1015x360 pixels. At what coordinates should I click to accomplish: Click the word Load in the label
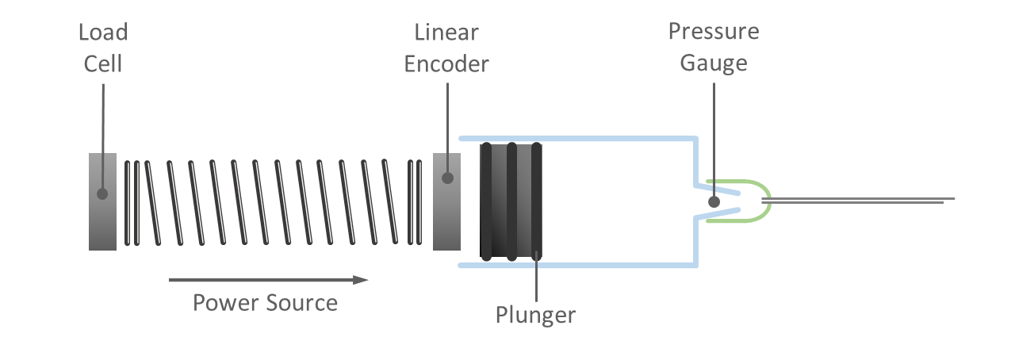103,33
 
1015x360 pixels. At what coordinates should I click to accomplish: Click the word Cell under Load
103,63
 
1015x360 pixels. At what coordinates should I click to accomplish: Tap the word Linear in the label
446,33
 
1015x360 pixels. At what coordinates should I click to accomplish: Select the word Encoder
446,63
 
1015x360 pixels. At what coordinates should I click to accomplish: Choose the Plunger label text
535,315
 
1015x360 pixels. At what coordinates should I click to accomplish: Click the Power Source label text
265,303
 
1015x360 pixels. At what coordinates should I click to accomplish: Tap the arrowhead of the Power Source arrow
361,279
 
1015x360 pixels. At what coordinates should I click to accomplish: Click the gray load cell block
103,222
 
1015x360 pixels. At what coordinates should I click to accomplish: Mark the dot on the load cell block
102,193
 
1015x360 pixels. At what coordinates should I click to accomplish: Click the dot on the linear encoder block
447,178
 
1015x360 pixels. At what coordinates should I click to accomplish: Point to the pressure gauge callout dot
714,202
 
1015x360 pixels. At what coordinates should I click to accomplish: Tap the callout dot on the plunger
537,255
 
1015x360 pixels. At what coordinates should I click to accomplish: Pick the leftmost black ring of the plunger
485,201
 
